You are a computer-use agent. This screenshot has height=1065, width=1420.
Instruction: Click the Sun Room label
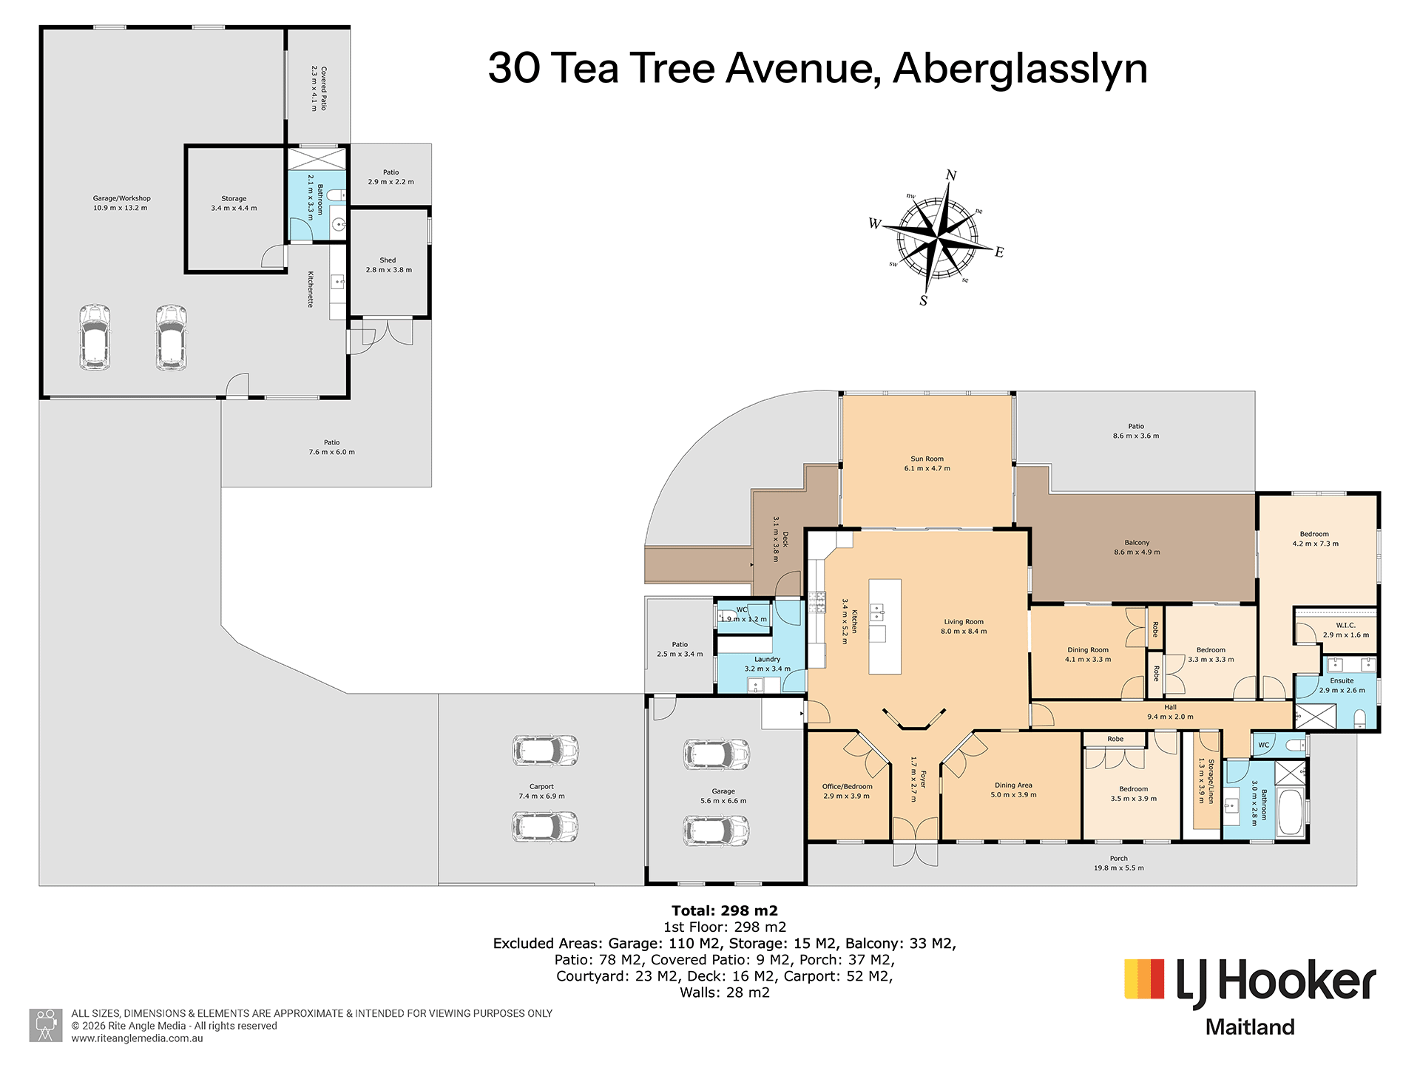click(x=927, y=463)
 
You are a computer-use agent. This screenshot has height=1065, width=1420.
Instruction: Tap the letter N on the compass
click(x=951, y=175)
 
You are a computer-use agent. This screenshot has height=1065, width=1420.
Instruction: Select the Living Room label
click(x=964, y=626)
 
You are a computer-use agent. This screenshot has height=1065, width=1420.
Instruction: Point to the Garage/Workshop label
click(x=121, y=203)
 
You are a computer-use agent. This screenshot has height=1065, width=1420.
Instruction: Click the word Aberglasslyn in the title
click(x=1020, y=69)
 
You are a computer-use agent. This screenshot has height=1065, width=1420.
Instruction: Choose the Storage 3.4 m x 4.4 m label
click(x=234, y=203)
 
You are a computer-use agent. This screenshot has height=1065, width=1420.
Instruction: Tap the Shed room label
click(x=388, y=265)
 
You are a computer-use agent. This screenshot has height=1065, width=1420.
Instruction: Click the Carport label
click(x=541, y=791)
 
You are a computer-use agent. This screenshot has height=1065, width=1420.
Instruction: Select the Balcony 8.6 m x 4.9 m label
click(x=1137, y=547)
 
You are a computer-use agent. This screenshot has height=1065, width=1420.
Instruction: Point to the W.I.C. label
click(x=1345, y=630)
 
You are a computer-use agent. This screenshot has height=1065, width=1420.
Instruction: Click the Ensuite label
click(x=1342, y=686)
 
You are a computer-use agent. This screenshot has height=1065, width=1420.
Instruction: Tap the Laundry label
click(x=767, y=664)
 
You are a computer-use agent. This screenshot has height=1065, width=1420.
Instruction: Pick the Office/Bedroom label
click(x=847, y=791)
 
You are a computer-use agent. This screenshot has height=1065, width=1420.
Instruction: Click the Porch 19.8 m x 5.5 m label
click(x=1118, y=863)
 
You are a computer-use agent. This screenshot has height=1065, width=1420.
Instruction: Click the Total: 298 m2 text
click(x=725, y=911)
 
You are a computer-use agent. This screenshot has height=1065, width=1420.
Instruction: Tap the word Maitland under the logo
click(x=1250, y=1027)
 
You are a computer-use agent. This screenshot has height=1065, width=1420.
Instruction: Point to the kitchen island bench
click(x=885, y=626)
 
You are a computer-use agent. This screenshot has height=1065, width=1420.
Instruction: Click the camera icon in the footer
click(x=46, y=1025)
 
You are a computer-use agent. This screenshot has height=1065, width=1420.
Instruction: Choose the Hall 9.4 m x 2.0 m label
click(x=1170, y=712)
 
